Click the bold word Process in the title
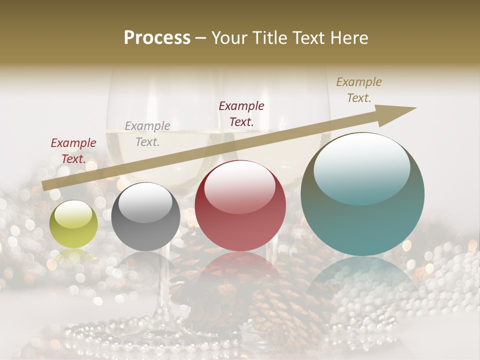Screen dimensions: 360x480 (157, 38)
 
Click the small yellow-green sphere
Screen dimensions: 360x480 (73, 224)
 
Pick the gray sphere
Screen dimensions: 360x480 (145, 216)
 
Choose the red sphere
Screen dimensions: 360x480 (240, 205)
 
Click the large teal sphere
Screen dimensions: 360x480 (362, 194)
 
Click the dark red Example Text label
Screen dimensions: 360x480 (73, 151)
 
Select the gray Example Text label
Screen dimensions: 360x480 (147, 133)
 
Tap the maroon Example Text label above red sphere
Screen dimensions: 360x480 (241, 113)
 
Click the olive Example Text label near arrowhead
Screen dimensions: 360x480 (359, 89)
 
